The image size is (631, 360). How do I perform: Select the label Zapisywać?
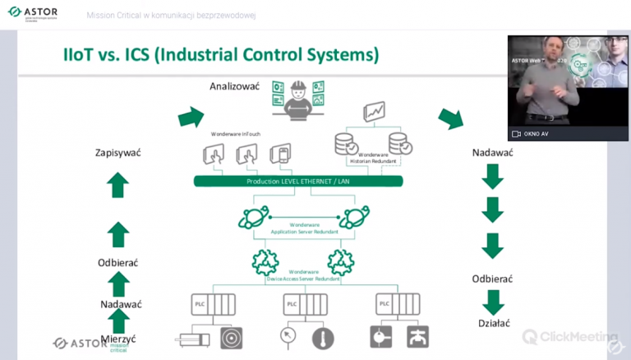click(x=119, y=152)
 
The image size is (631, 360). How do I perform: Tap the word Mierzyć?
click(x=119, y=338)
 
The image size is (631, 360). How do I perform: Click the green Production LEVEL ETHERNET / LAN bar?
click(x=297, y=182)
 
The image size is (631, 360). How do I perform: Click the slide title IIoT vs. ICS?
click(x=222, y=56)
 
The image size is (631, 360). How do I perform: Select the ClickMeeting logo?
click(x=570, y=337)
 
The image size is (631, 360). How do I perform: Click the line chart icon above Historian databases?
click(x=375, y=112)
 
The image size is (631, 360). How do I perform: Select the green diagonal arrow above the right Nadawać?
click(x=450, y=118)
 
